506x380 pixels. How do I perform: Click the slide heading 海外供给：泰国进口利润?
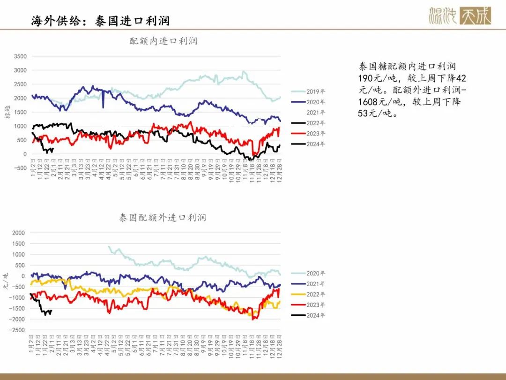click(100, 21)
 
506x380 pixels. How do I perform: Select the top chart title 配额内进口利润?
click(164, 41)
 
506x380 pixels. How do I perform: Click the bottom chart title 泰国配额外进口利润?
click(162, 218)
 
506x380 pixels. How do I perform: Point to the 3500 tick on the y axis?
click(20, 56)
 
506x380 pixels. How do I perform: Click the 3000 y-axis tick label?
click(20, 70)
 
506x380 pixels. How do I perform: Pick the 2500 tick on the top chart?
click(20, 84)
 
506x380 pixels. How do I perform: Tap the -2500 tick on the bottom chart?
click(18, 330)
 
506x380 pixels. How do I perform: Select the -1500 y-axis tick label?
click(18, 309)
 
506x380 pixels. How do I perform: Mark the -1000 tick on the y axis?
click(18, 298)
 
